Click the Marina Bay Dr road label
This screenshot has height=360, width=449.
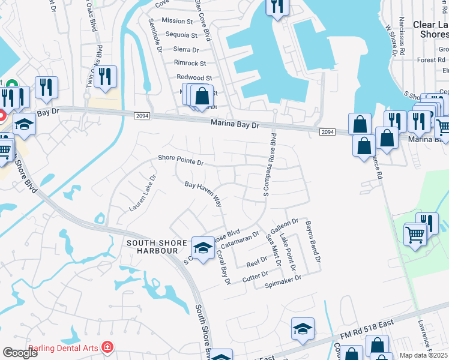[234, 125]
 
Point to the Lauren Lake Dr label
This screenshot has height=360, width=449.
[142, 193]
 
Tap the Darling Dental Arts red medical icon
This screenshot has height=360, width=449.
[107, 346]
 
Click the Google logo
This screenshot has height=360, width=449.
[20, 352]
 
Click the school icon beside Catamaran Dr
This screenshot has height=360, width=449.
[203, 247]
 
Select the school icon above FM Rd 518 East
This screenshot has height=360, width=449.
[303, 328]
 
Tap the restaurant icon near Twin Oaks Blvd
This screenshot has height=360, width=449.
[105, 76]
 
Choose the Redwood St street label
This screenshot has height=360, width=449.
[194, 78]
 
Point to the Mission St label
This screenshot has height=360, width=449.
[177, 21]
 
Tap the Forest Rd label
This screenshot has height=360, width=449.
[431, 60]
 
